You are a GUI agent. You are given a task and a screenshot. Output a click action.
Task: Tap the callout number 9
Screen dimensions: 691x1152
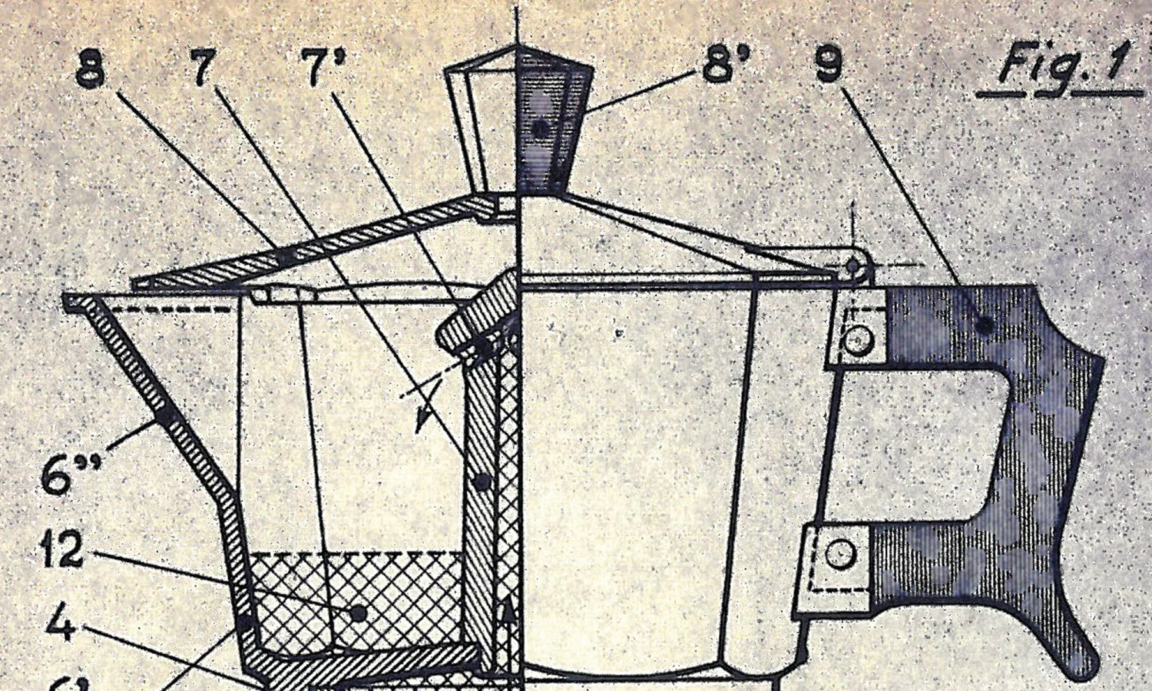click(829, 65)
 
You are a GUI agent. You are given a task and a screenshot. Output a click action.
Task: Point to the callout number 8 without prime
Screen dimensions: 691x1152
click(91, 71)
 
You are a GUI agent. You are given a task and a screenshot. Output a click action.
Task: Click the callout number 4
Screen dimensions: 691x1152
click(61, 622)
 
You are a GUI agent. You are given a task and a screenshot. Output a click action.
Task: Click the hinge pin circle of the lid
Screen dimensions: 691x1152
click(853, 266)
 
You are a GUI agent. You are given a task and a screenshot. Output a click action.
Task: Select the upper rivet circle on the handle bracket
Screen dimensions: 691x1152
click(857, 339)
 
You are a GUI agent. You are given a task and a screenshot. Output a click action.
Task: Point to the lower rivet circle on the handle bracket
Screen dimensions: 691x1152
click(841, 553)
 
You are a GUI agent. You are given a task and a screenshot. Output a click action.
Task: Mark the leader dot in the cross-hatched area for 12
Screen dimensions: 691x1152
click(358, 613)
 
